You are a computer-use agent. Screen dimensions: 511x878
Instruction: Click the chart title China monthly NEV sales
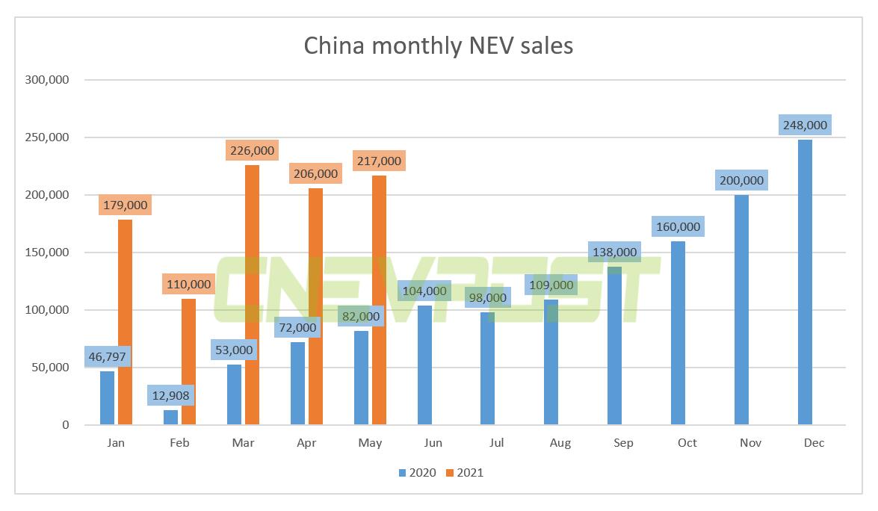pyautogui.click(x=439, y=46)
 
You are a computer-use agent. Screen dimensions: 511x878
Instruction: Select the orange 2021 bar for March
pyautogui.click(x=252, y=295)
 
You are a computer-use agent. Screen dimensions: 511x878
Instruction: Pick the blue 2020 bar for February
pyautogui.click(x=170, y=418)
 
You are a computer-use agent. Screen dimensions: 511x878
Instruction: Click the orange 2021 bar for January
pyautogui.click(x=125, y=322)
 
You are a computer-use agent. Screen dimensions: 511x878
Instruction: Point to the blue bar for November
pyautogui.click(x=741, y=310)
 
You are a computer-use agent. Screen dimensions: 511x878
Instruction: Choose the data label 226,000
pyautogui.click(x=251, y=150)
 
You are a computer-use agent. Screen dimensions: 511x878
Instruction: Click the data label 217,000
pyautogui.click(x=378, y=161)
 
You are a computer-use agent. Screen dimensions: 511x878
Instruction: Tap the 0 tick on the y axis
pyautogui.click(x=65, y=425)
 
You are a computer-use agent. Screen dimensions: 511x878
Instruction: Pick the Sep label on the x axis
pyautogui.click(x=623, y=443)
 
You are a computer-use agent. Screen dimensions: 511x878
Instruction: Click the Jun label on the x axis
pyautogui.click(x=433, y=443)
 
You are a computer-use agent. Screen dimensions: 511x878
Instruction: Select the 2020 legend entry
pyautogui.click(x=416, y=472)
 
